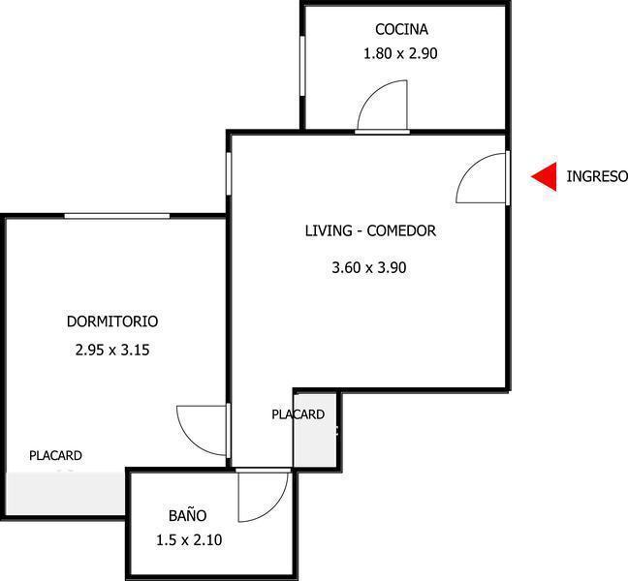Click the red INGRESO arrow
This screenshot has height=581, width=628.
pos(545,176)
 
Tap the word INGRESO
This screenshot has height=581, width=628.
pos(597,176)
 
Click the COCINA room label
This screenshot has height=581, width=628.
pos(401,30)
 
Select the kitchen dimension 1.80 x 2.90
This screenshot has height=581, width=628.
pos(400,54)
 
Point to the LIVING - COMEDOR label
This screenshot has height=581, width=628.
pos(370,231)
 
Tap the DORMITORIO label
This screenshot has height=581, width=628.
pos(112,321)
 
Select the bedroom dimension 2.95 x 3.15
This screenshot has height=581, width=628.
pos(111,351)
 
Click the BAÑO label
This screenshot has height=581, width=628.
pos(187,515)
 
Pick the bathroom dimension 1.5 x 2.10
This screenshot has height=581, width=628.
pos(189,540)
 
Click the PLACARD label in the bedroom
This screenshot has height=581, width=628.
pos(55,455)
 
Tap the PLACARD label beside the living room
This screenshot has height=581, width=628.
pos(298,414)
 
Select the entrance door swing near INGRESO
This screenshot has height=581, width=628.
pos(479,177)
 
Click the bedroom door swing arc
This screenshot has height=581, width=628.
pos(201,427)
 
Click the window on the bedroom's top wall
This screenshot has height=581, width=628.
pos(116,216)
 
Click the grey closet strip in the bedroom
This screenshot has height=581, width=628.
pos(64,493)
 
